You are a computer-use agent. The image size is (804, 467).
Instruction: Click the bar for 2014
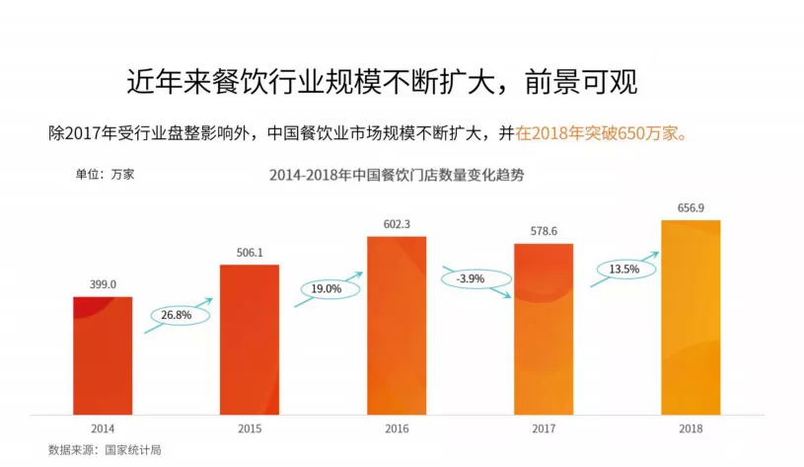(x=102, y=354)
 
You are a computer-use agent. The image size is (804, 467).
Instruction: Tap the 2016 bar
(x=397, y=325)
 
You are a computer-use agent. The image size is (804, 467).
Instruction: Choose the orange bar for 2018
(x=691, y=316)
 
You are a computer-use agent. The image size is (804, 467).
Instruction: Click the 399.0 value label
(x=102, y=284)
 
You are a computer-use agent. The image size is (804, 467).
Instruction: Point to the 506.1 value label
(x=249, y=252)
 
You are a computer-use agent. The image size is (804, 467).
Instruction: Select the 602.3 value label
(x=397, y=223)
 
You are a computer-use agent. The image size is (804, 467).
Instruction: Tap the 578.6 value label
(x=544, y=231)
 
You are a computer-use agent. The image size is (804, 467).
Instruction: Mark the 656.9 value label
(x=691, y=207)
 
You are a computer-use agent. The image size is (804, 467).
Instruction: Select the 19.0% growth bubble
(x=328, y=289)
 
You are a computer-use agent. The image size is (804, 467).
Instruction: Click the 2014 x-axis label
(x=102, y=428)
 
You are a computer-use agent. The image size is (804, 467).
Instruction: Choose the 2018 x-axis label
(x=691, y=428)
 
